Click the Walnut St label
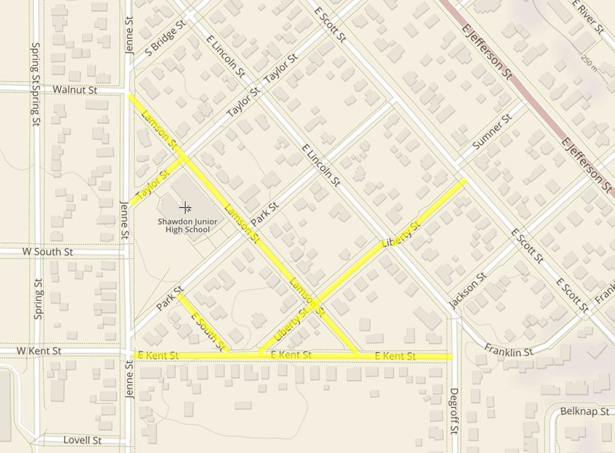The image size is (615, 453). coord(75,90)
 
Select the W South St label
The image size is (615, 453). coord(48,252)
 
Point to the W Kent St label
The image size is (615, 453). coord(39,351)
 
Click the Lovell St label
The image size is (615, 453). coord(82,440)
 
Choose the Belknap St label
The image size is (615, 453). coord(584,412)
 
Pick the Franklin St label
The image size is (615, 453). coord(508,351)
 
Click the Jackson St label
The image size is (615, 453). coord(468,290)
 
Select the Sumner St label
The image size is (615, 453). coord(492,132)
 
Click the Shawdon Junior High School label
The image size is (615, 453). coord(187,225)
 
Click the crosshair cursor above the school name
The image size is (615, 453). coord(185,207)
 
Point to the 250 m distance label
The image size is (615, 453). coord(589,61)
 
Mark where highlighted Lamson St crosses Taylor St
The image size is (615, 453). coord(184,158)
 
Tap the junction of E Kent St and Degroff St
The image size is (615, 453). coord(453,356)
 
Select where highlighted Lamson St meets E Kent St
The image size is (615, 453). coord(357,355)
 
